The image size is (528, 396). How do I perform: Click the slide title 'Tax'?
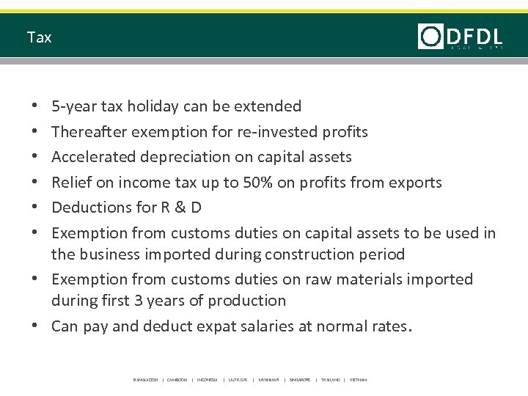pos(39,37)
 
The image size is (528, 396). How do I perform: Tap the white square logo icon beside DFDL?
pos(430,36)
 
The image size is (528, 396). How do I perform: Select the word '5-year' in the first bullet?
pos(72,106)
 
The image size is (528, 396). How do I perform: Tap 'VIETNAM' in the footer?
pos(358,380)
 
